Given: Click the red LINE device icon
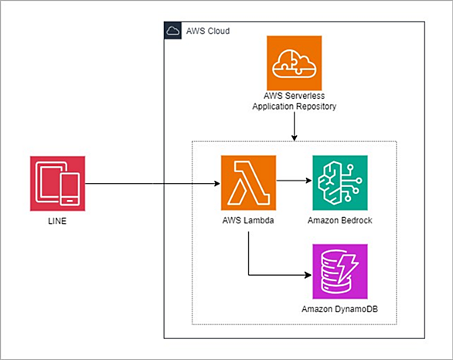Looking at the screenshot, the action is [x=57, y=184].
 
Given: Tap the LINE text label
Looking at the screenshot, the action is [x=57, y=221].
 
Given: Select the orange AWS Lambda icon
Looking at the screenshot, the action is [x=248, y=183].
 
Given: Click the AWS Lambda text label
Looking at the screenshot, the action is [x=248, y=221].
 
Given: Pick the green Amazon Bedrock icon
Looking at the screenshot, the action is [x=340, y=183].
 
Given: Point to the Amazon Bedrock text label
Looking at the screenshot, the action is [x=340, y=221].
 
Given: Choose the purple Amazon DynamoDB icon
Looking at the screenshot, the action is [x=340, y=271].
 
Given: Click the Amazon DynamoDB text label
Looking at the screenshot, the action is [x=340, y=309].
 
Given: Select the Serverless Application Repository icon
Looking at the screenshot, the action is [x=294, y=63].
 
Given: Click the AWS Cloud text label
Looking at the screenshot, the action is [x=208, y=31].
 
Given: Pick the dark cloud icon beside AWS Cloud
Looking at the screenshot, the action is [x=172, y=30].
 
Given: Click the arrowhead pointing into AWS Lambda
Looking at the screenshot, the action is [x=217, y=184].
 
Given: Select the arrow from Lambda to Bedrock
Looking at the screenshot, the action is [x=294, y=181].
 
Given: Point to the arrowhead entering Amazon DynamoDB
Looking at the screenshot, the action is [x=308, y=275].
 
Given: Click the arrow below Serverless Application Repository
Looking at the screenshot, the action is [x=294, y=127].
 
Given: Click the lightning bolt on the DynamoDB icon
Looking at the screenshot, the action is [x=348, y=269].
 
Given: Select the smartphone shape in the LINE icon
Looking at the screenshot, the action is [x=70, y=189].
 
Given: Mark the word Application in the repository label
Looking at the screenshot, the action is [x=274, y=107].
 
